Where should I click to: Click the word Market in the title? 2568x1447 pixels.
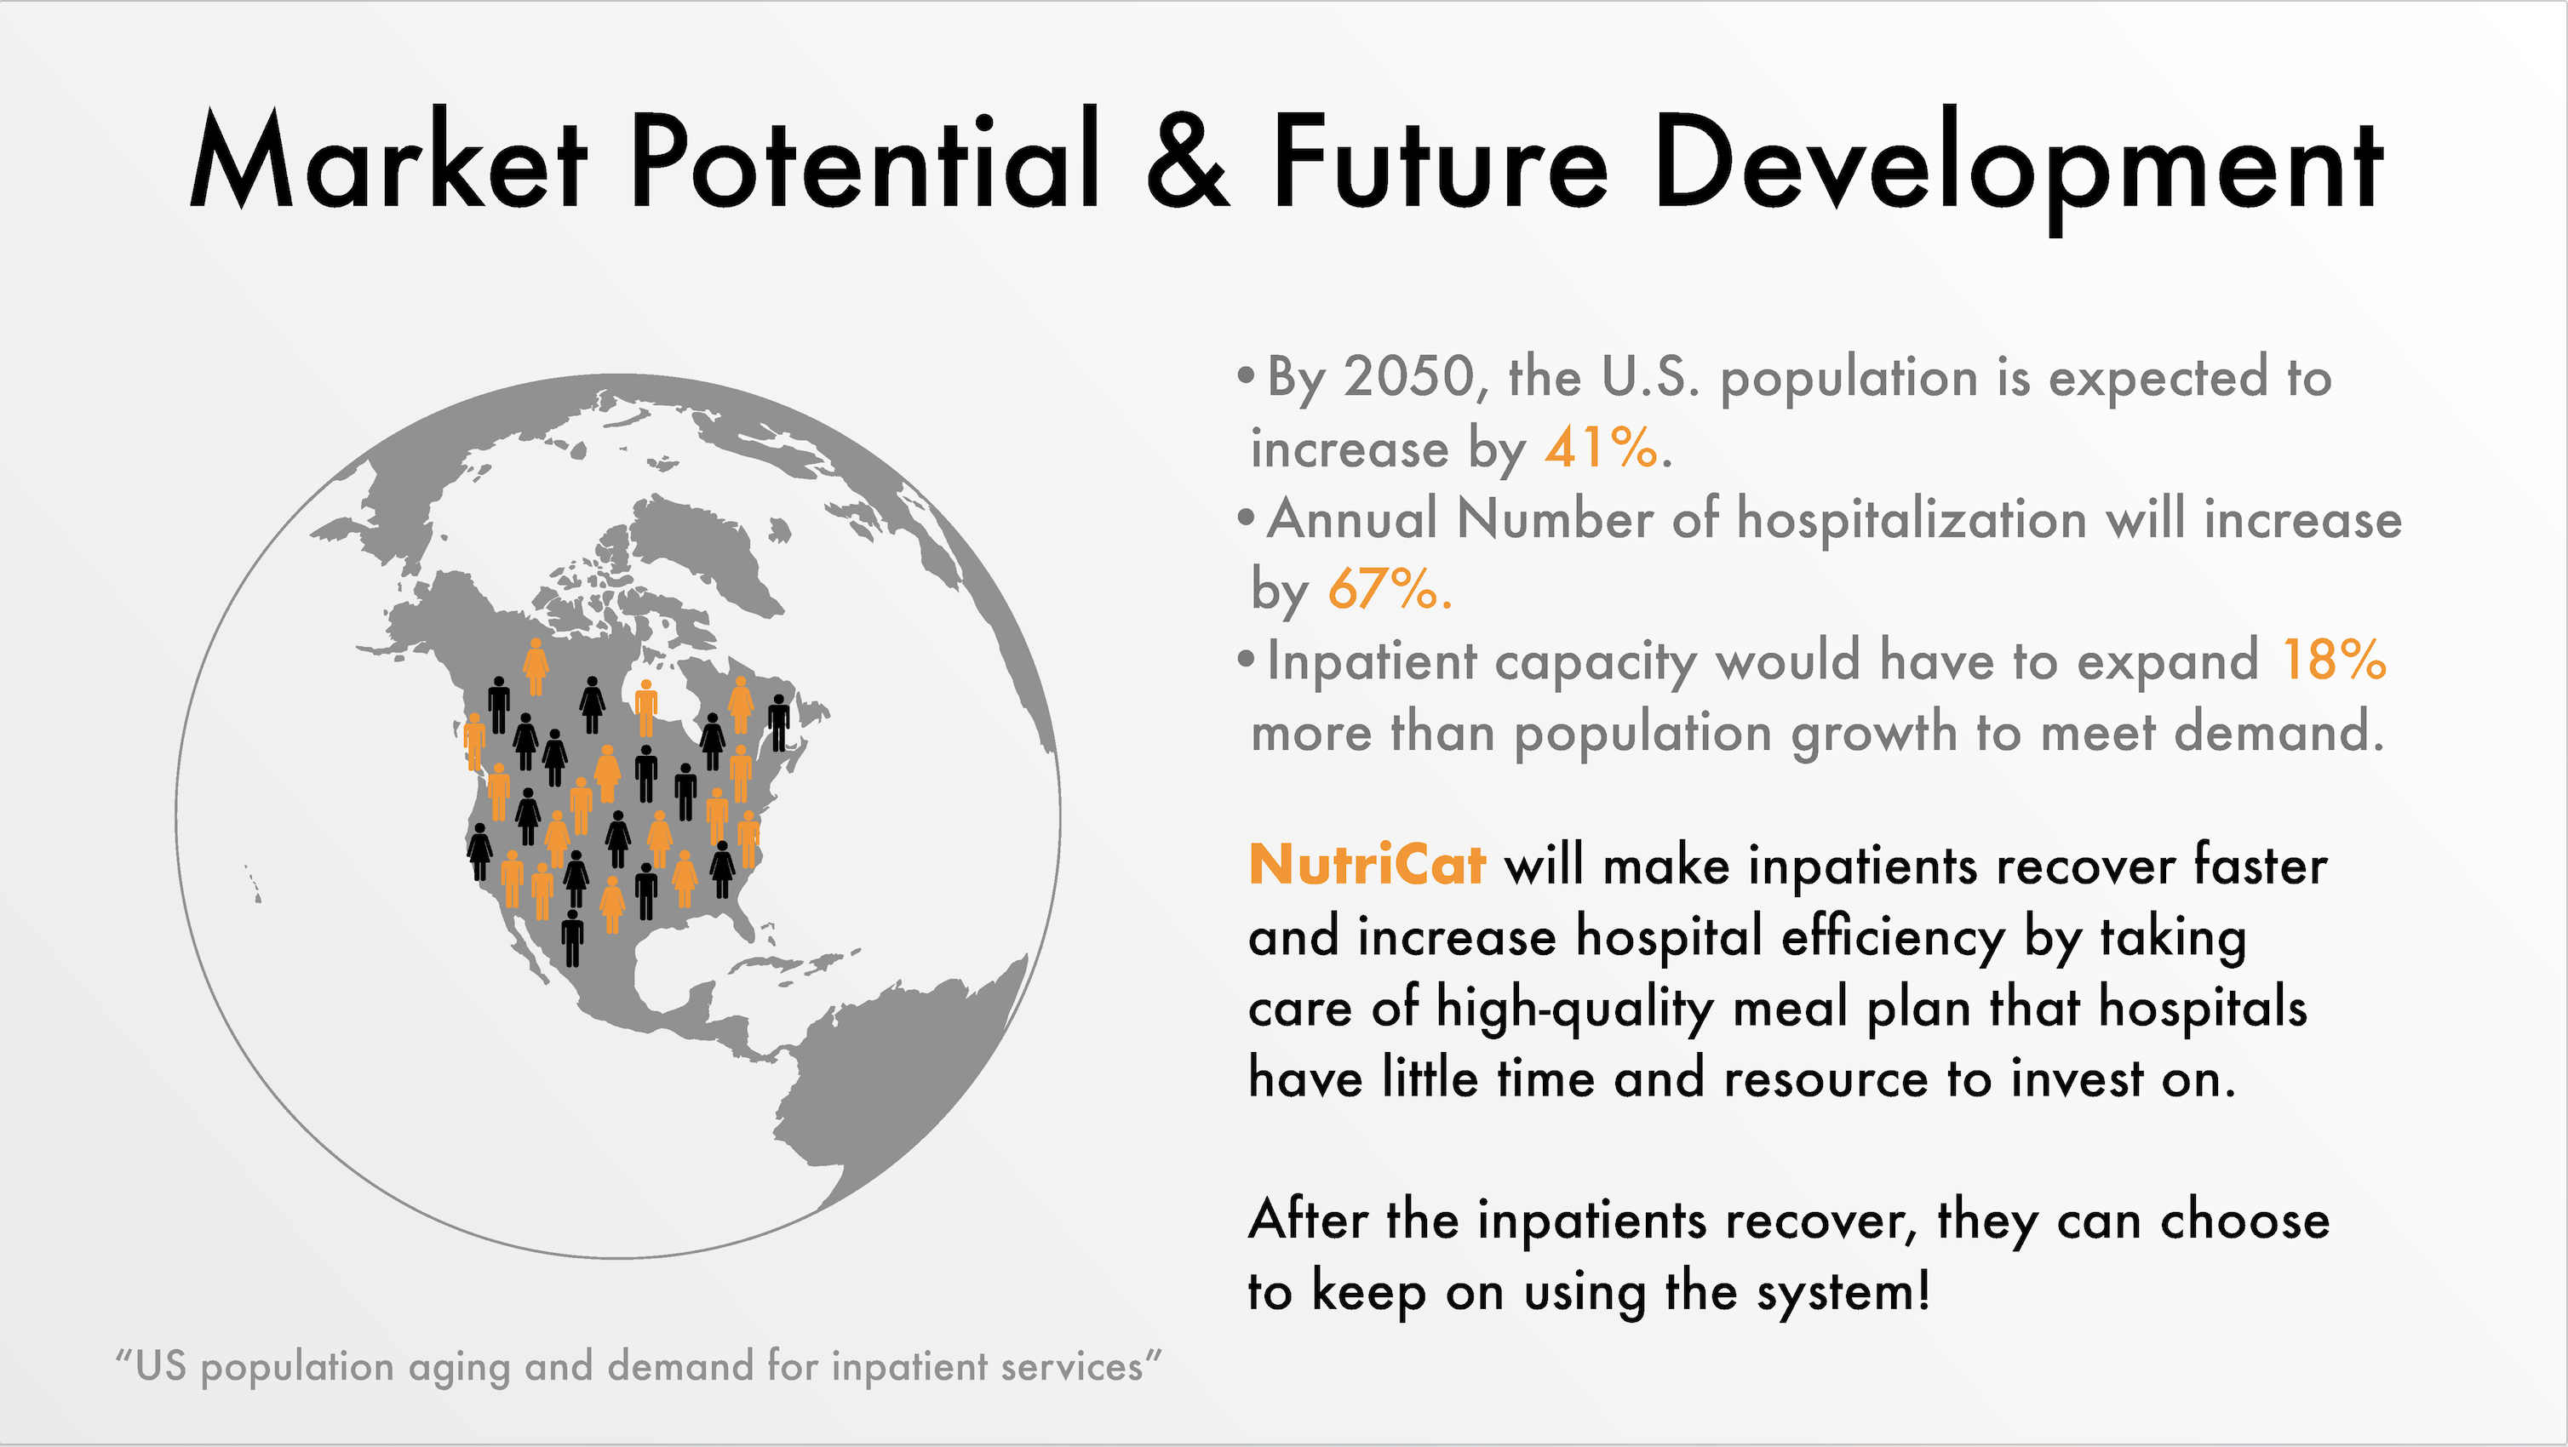click(x=389, y=159)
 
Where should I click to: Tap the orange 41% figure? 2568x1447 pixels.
click(x=1601, y=447)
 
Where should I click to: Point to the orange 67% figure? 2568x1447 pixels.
click(x=1384, y=588)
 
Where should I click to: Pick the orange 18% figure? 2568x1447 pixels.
click(x=2334, y=659)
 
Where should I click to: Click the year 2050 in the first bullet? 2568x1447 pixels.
click(x=1408, y=378)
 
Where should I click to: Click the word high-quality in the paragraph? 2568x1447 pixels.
click(x=1575, y=1009)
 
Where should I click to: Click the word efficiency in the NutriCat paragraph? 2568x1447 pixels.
click(x=1892, y=939)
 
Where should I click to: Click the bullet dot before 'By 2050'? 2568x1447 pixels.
click(x=1245, y=377)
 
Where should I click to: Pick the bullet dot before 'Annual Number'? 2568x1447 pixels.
click(x=1245, y=518)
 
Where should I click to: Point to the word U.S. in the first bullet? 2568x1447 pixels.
click(x=1650, y=377)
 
